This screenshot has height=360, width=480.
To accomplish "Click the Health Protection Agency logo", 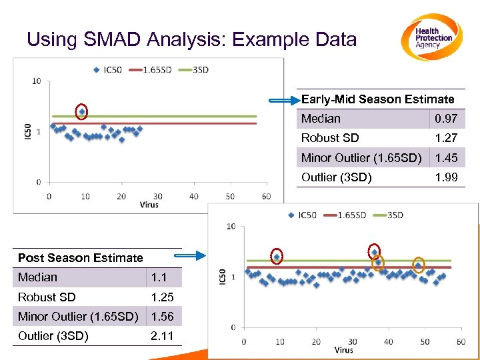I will (432, 37).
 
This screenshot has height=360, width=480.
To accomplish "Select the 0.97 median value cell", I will (443, 119).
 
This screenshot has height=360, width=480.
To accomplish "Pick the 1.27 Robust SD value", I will (443, 138).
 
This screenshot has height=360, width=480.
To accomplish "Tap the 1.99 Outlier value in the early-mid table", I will (443, 177).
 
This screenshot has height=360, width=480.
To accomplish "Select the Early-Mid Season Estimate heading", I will (377, 99).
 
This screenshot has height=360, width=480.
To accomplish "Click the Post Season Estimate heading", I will (81, 258).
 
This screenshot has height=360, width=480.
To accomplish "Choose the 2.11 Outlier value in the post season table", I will (162, 336).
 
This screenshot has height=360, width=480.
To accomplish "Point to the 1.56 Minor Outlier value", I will (162, 317).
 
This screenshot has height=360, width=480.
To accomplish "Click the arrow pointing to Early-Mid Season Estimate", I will (284, 101).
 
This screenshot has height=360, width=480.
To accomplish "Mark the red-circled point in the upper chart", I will (81, 112).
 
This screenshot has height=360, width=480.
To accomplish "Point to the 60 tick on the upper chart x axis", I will (266, 197).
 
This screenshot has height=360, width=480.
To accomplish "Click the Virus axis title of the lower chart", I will (343, 350).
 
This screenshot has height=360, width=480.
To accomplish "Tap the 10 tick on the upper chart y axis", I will (37, 81).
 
